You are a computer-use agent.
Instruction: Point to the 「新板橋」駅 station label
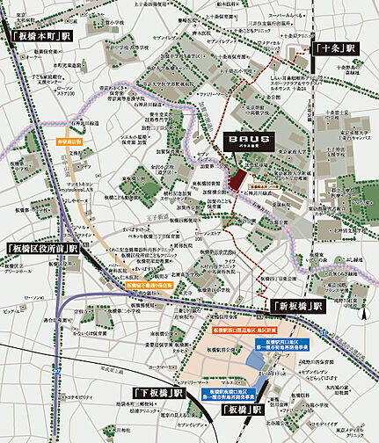[295, 306]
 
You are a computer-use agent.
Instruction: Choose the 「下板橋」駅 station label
[158, 392]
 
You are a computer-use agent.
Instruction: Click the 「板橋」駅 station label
[243, 410]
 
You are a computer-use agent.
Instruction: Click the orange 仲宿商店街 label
[69, 164]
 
